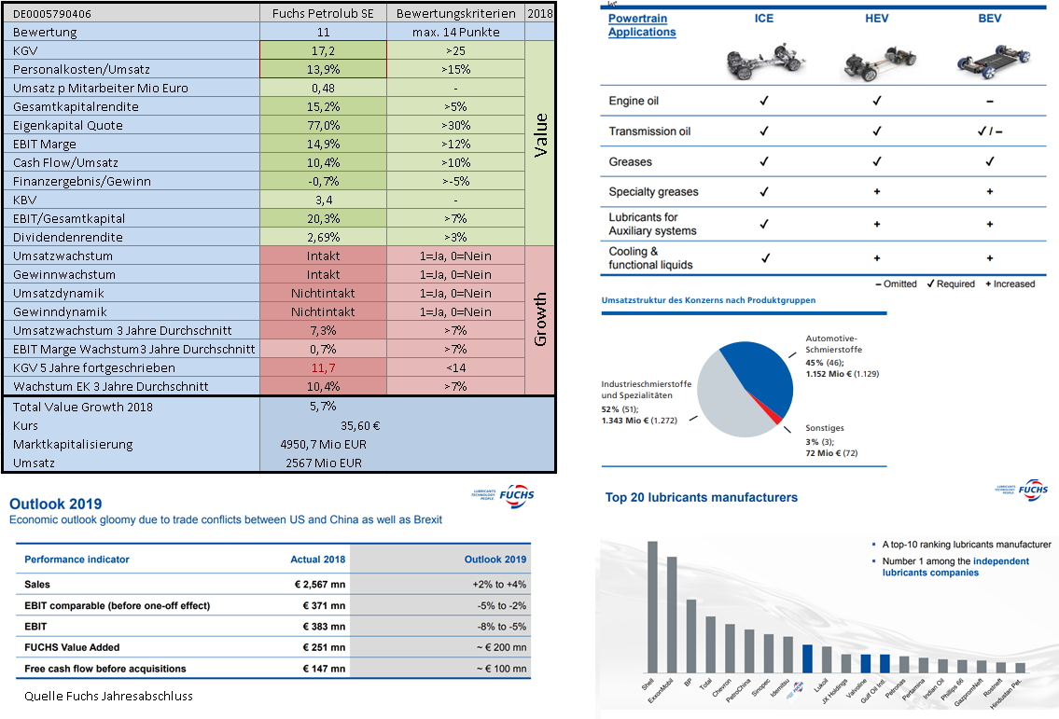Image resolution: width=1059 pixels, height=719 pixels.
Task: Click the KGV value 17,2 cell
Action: click(x=323, y=50)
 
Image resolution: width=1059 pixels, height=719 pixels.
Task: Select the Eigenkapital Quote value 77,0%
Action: click(x=323, y=125)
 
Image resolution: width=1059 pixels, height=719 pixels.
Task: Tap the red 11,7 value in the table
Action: click(x=323, y=367)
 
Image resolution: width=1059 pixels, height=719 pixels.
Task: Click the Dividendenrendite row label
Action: click(x=68, y=237)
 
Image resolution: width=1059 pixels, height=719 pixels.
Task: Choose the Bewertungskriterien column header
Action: click(x=455, y=13)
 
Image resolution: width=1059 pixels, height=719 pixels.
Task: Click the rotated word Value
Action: click(x=540, y=133)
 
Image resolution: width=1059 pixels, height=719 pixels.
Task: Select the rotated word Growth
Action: click(x=540, y=320)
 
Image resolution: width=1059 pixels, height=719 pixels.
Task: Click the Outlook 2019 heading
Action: click(x=56, y=504)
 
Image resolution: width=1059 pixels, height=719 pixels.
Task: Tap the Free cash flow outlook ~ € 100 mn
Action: click(x=499, y=669)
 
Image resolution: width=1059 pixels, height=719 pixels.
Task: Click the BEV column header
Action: click(x=989, y=18)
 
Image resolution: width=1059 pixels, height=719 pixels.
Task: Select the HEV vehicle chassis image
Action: click(x=877, y=62)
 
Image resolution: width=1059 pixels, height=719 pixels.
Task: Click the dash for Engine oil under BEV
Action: click(x=989, y=101)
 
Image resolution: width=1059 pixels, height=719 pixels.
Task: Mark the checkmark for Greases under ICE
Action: click(x=763, y=161)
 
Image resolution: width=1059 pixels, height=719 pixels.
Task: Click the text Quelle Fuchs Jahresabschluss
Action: click(x=108, y=696)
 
